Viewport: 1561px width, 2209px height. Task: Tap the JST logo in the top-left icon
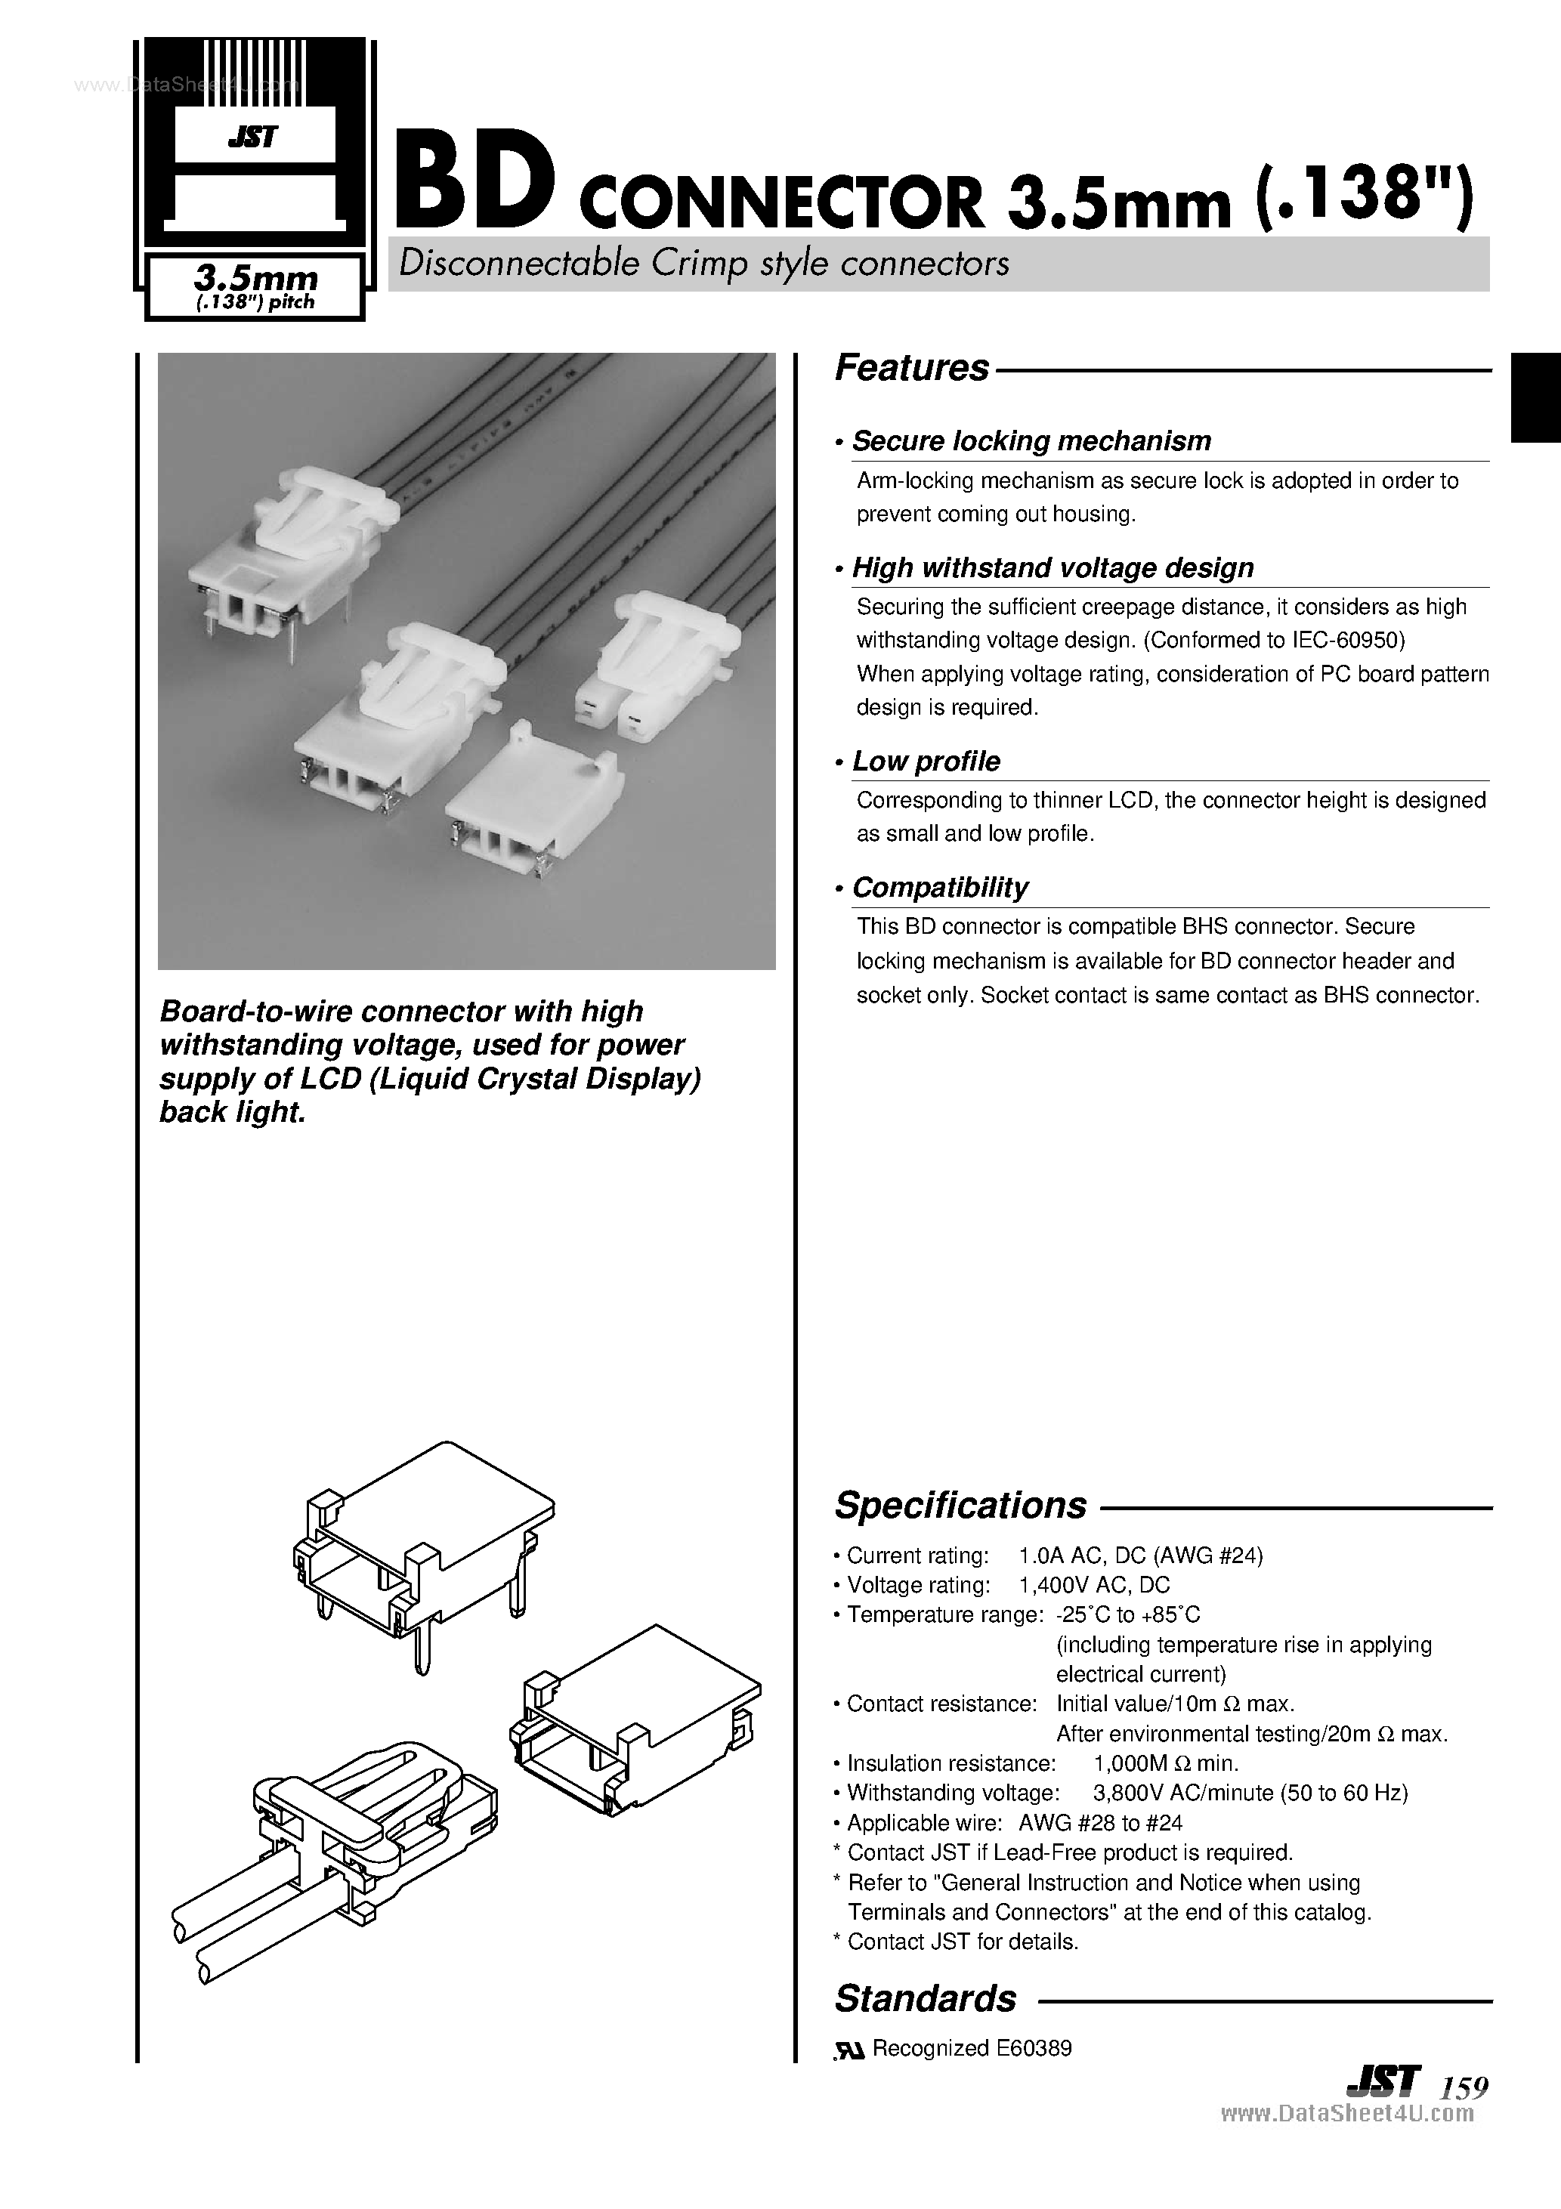point(253,137)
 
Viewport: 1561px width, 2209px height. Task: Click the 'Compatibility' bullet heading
point(940,887)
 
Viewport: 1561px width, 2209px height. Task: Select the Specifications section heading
point(960,1505)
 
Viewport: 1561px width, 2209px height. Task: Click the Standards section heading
point(925,1997)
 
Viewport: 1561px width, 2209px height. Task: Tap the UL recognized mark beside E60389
point(850,2050)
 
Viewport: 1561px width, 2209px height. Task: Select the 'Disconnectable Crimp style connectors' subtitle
point(703,264)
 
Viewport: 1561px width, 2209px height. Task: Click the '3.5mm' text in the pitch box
point(255,278)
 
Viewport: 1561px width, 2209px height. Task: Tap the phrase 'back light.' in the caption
point(232,1112)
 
